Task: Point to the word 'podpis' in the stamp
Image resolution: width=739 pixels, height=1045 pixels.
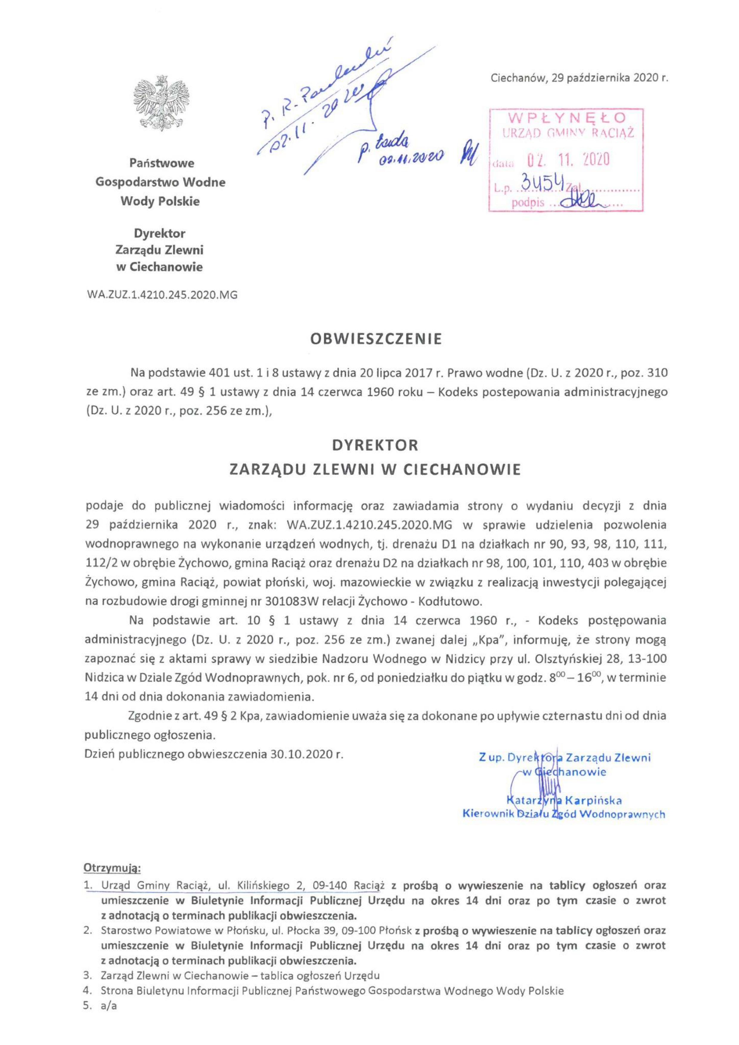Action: pos(528,203)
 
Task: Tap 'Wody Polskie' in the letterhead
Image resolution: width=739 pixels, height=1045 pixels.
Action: pos(160,202)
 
